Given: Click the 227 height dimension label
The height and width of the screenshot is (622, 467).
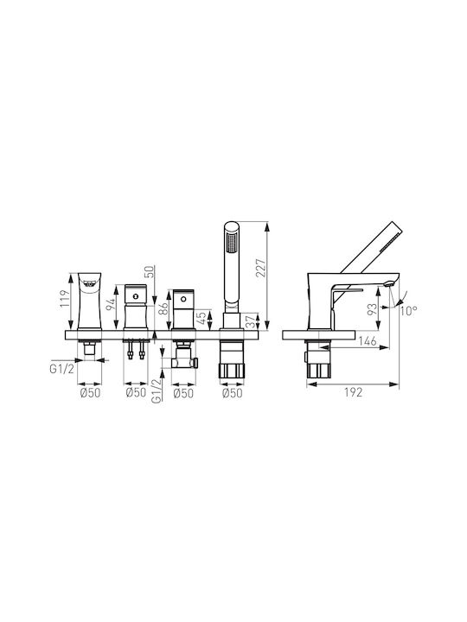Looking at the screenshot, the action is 260,268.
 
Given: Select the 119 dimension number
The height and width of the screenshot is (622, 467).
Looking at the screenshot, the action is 66,299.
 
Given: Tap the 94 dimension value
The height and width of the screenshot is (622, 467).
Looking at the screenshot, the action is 112,303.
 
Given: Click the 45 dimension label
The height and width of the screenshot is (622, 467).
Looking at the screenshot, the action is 202,318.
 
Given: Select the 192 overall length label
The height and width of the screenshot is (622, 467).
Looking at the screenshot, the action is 353,392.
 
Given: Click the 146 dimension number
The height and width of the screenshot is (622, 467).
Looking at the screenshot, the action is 367,340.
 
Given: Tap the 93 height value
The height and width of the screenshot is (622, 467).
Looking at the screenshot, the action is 372,309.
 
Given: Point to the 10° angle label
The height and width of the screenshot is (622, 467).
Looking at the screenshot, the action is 408,311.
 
